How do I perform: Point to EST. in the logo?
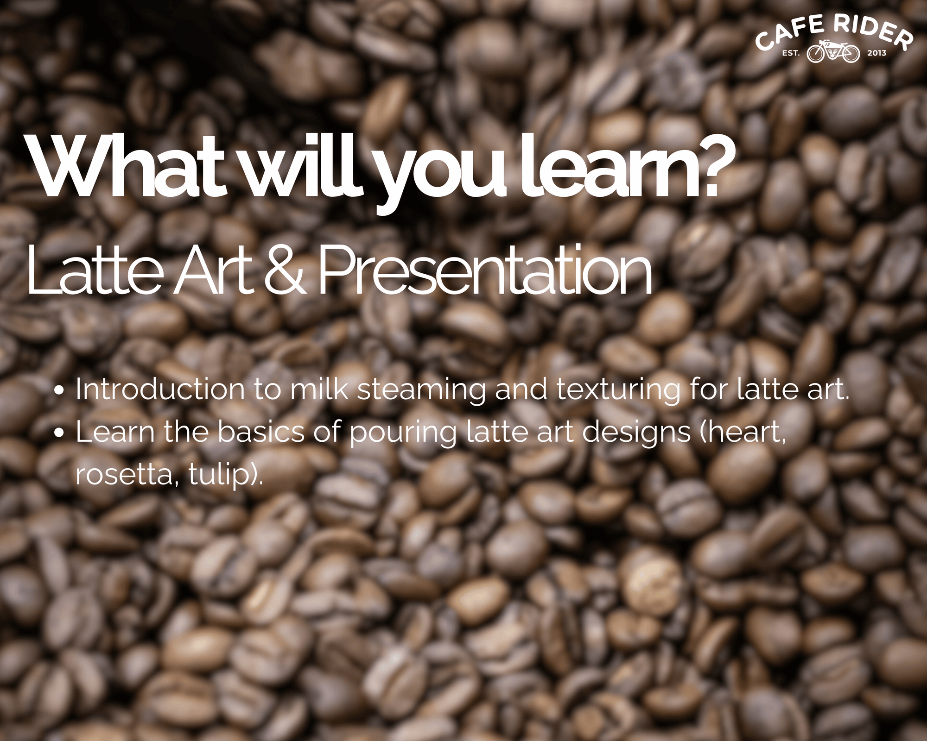791,53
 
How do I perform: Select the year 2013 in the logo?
876,53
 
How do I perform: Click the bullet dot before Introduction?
58,390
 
